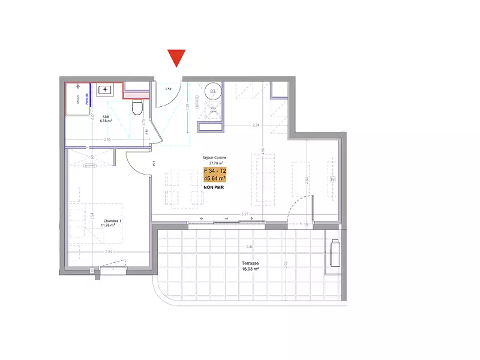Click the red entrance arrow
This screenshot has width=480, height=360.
click(x=176, y=58)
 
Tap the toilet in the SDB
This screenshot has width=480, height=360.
click(x=136, y=107)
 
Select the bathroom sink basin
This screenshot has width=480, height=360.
click(x=105, y=90)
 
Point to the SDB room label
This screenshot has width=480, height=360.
click(x=105, y=116)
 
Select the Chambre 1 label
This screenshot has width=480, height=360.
click(x=112, y=221)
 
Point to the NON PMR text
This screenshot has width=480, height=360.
click(x=215, y=187)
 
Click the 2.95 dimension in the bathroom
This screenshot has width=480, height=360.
click(x=107, y=140)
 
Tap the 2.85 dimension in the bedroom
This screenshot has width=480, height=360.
click(x=109, y=252)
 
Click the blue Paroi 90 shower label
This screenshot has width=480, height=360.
click(x=87, y=98)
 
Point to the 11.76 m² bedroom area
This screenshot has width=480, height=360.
click(x=112, y=226)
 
